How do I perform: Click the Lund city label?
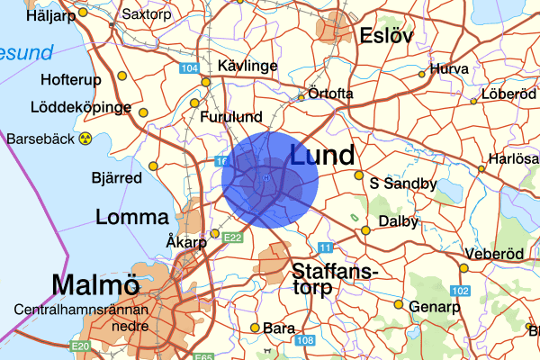coord(321,155)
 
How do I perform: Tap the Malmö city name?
coord(95,285)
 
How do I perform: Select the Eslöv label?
coord(385,36)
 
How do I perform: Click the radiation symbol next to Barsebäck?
coord(86,139)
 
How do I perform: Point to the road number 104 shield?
coord(189,68)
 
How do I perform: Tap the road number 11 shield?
coord(325,247)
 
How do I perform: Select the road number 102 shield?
coord(461,291)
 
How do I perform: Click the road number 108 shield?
coord(305,340)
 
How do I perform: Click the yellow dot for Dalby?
coord(366,230)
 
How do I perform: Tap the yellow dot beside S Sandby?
coord(359,175)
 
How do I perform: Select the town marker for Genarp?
coord(398,303)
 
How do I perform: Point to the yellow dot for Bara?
coord(256,328)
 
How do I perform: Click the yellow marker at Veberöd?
coord(463,267)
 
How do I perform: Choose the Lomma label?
coord(131,217)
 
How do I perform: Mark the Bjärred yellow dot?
coord(153,166)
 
